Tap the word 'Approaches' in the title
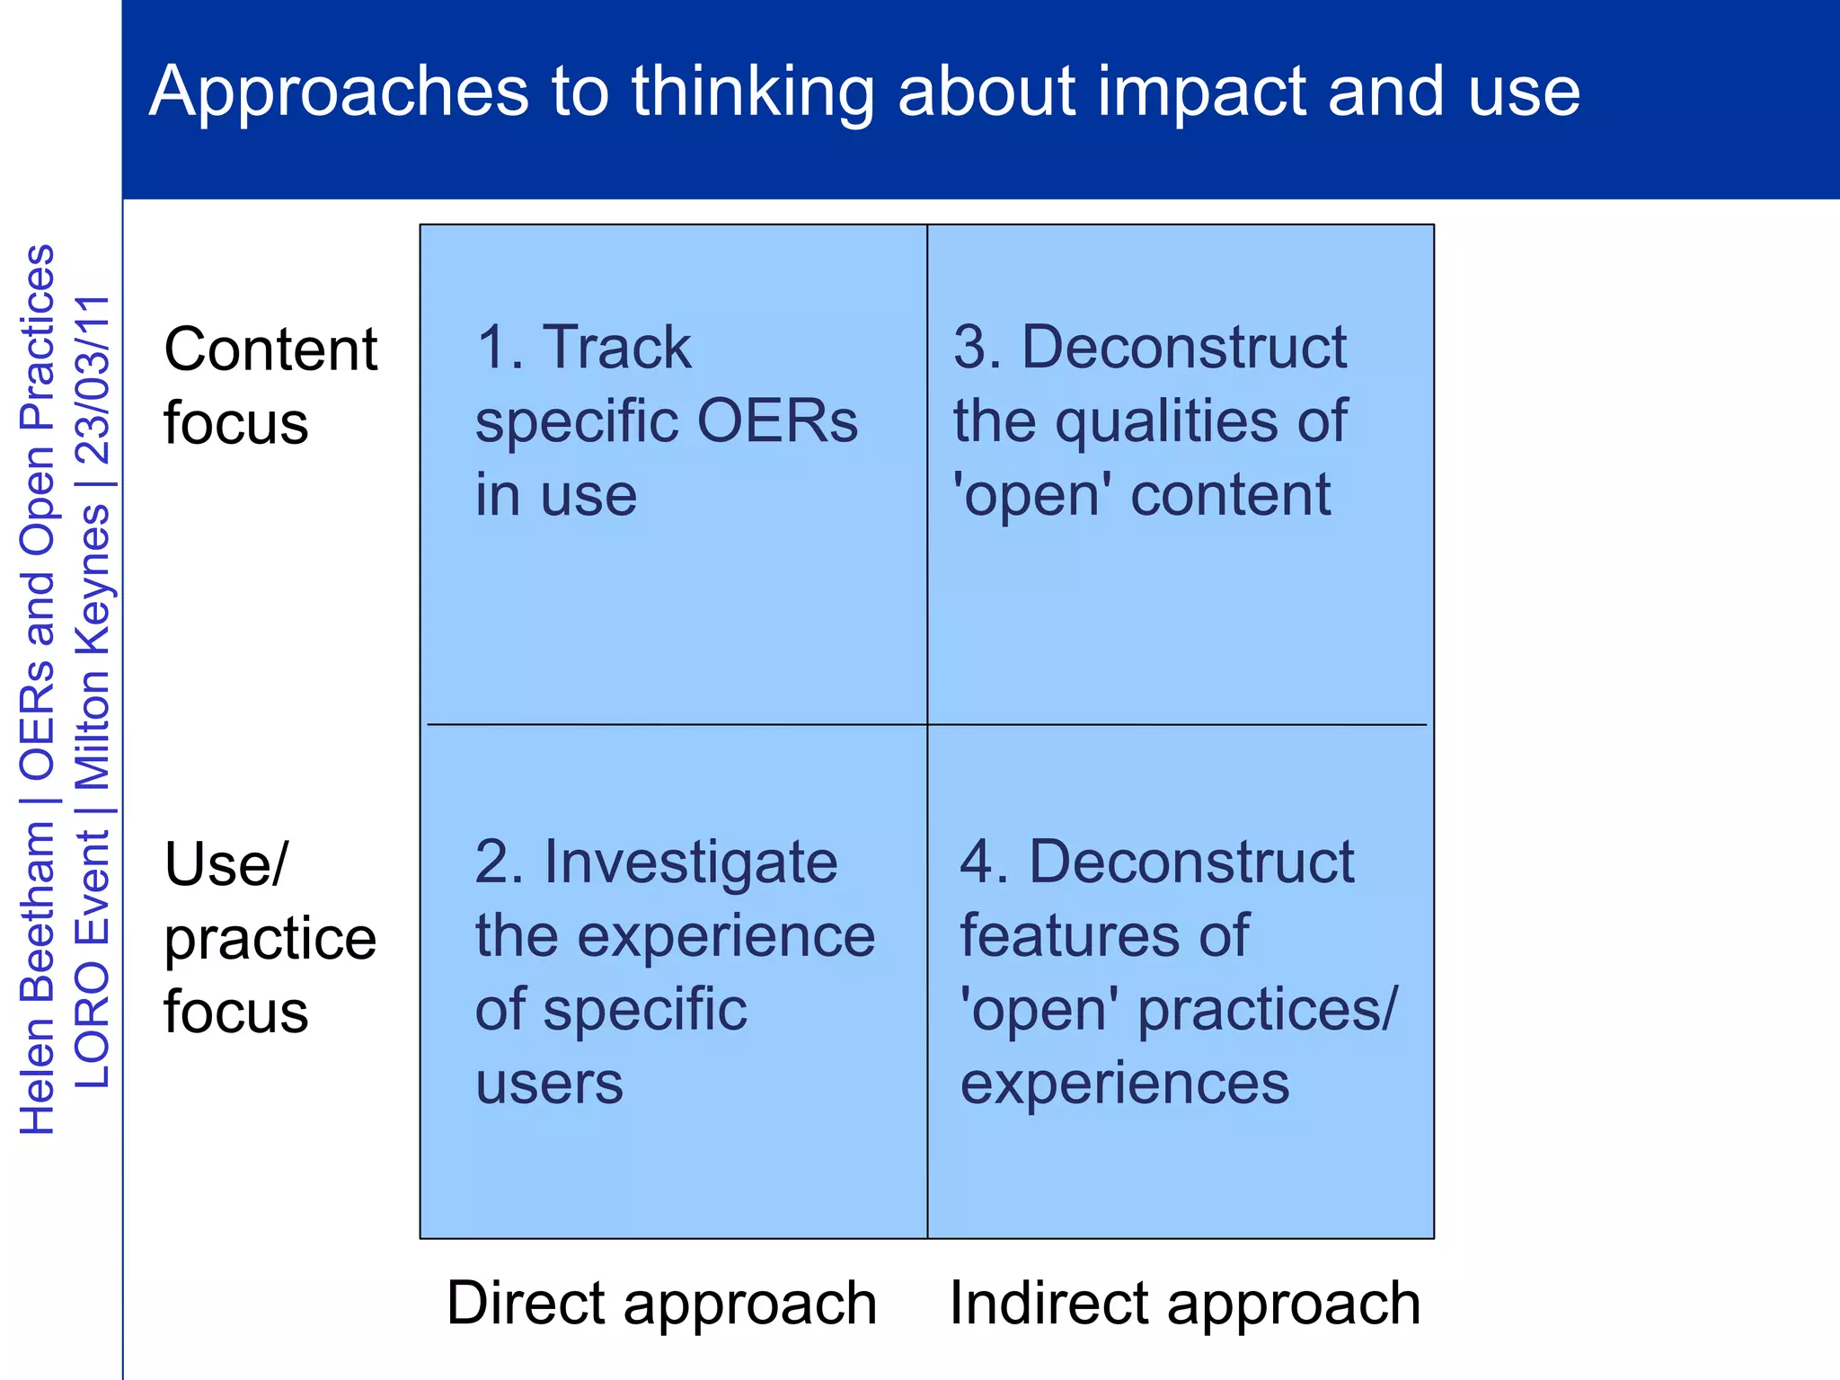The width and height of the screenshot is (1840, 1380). tap(340, 92)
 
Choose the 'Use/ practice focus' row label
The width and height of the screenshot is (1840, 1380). tap(270, 936)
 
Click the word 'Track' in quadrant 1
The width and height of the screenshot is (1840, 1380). tap(618, 347)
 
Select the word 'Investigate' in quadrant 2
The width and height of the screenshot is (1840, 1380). tap(690, 862)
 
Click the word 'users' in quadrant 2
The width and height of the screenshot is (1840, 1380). tap(549, 1083)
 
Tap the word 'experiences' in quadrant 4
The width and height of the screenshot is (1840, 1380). tap(1124, 1083)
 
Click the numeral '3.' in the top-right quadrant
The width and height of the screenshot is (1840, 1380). tap(977, 347)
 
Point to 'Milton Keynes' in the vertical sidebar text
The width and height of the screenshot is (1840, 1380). tap(93, 647)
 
